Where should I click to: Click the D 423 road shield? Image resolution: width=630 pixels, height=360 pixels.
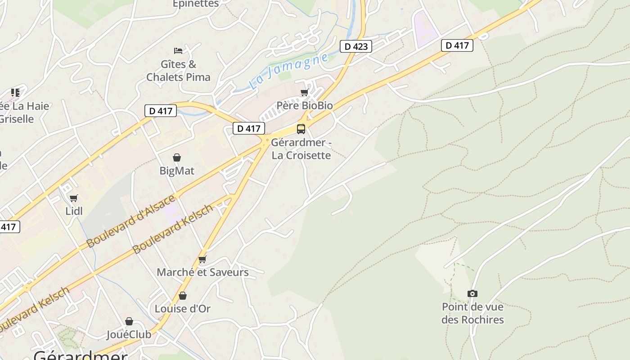tap(355, 46)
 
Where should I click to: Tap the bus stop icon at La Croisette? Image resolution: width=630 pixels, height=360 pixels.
tap(301, 129)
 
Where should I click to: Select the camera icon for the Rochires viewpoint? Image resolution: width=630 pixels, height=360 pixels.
tap(472, 294)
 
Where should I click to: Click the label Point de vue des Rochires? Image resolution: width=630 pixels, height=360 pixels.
tap(472, 313)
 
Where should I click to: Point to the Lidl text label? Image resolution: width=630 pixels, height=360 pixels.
tap(74, 211)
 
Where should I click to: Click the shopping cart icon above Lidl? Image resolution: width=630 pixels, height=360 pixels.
tap(74, 198)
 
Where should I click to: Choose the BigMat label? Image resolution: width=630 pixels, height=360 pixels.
tap(177, 171)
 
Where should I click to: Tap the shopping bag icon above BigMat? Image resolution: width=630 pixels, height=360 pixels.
tap(177, 157)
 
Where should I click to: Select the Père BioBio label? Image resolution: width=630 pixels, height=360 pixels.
tap(305, 106)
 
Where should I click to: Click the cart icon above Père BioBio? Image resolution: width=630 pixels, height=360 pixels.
tap(305, 93)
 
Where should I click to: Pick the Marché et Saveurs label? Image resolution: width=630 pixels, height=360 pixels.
tap(202, 272)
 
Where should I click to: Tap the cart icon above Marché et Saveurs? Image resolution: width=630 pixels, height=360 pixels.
tap(202, 259)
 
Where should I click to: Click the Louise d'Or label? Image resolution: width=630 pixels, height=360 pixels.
tap(182, 309)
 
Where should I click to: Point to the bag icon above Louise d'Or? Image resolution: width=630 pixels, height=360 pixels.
tap(182, 296)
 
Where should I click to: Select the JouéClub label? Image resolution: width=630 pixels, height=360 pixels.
tap(129, 335)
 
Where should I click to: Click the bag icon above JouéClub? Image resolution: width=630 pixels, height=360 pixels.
tap(129, 321)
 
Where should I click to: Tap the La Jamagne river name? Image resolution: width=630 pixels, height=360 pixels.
tap(288, 70)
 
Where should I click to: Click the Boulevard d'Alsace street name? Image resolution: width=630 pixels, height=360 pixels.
tap(130, 221)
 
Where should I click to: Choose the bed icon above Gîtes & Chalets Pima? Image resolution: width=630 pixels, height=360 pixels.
tap(178, 50)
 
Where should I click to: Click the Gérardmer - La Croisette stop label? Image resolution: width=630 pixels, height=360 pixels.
tap(301, 149)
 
